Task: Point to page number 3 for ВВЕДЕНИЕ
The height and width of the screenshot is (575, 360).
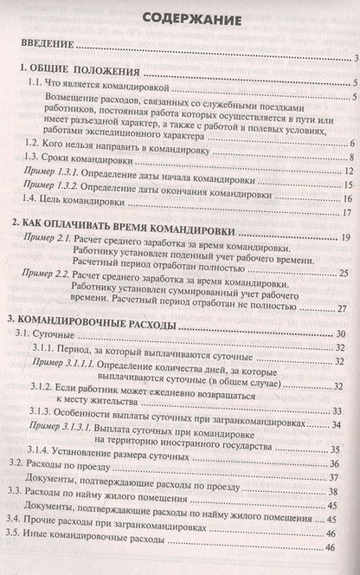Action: click(x=355, y=58)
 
